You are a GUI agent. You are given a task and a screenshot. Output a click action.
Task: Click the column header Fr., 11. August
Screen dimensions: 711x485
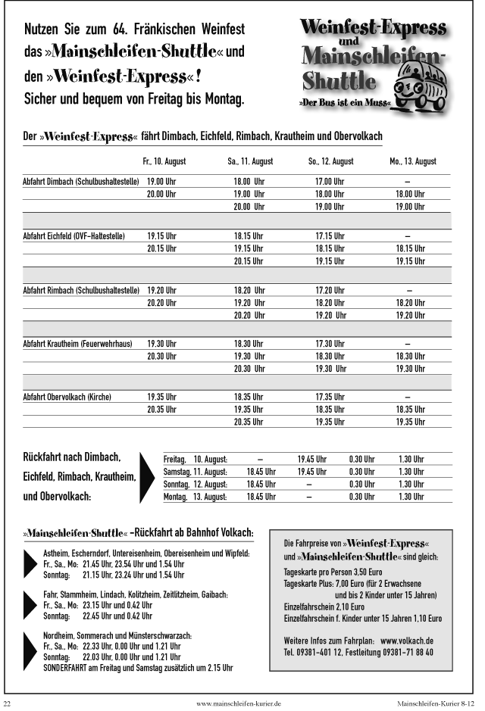pos(164,161)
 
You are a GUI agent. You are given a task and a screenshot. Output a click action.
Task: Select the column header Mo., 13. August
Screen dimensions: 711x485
pos(413,161)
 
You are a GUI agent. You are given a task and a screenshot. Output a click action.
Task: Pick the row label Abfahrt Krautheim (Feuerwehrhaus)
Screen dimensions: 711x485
pos(77,344)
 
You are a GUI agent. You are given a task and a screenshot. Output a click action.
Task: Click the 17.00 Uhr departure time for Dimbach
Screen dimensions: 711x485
pos(330,182)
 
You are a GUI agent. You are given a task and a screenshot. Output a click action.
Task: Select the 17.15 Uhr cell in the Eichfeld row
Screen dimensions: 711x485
pos(330,235)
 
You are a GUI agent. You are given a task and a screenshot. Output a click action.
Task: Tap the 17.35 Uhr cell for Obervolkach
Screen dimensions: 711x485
pos(330,397)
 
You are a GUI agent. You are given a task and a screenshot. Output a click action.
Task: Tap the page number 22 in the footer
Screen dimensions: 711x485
pos(8,703)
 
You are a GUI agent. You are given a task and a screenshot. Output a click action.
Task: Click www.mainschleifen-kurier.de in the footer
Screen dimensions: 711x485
pos(239,703)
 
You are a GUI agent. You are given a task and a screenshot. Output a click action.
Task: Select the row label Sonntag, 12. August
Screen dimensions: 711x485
pos(195,484)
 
